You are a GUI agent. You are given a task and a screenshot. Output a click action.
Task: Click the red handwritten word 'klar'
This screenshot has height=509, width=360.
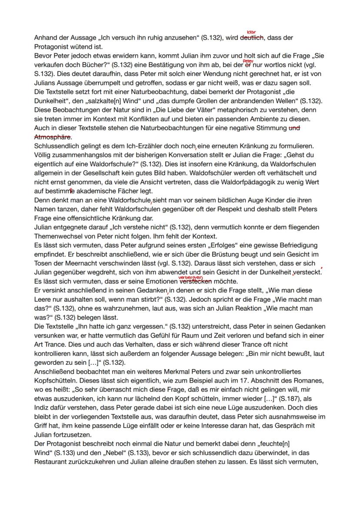[251, 32]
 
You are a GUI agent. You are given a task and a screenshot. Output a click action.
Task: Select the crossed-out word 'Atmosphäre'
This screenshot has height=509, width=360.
[53, 136]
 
